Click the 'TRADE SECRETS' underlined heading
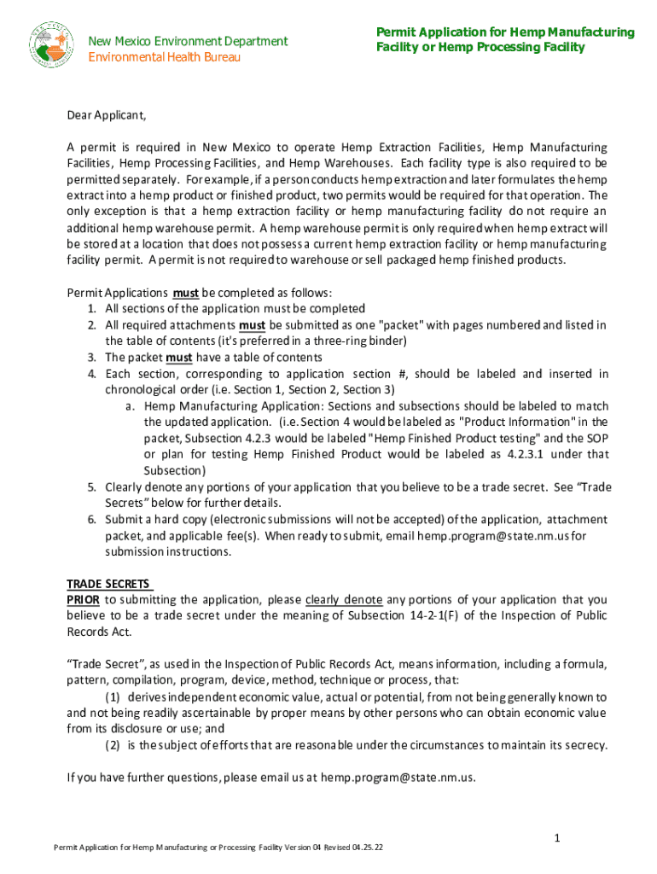[x=109, y=584]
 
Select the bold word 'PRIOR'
[x=84, y=599]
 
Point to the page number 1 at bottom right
[x=556, y=839]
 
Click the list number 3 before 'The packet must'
[x=90, y=358]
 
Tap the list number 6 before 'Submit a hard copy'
[x=90, y=519]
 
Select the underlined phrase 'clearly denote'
[x=344, y=599]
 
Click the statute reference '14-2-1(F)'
[x=458, y=616]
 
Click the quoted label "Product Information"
[x=515, y=422]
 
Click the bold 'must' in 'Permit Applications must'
[x=186, y=293]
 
